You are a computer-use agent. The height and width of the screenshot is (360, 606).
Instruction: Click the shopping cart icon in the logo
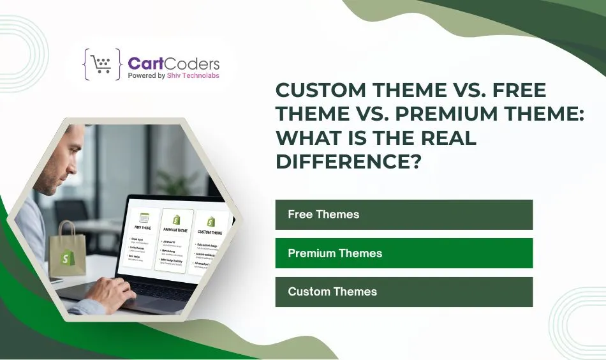101,64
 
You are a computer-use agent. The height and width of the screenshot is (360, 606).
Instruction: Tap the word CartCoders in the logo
174,63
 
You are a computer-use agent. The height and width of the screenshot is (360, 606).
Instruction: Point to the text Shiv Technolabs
196,75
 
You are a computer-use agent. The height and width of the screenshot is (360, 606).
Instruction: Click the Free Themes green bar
403,214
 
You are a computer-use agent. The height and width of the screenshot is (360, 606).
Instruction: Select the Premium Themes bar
403,253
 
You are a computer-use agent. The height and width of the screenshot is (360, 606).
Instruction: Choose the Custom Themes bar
403,292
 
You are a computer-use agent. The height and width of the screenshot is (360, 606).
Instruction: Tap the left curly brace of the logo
87,64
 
